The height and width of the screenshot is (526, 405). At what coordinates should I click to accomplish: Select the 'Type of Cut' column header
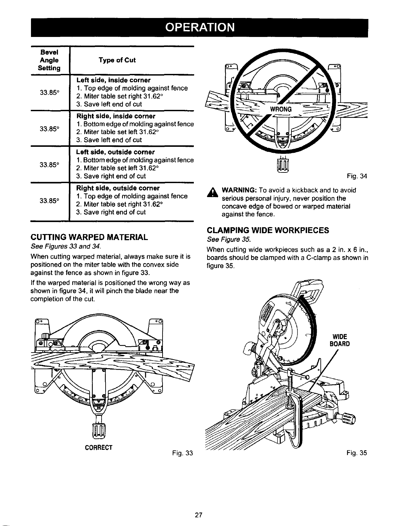117,60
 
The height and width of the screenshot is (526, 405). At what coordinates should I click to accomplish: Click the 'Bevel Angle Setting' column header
49,60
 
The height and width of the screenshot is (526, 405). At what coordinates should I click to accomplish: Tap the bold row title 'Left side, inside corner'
109,80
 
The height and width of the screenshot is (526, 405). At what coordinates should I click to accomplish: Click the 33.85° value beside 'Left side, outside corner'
49,164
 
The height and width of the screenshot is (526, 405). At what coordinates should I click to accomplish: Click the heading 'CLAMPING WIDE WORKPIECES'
268,230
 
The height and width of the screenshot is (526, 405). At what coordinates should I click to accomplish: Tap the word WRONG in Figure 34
281,110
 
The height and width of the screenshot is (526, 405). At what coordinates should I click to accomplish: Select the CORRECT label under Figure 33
99,447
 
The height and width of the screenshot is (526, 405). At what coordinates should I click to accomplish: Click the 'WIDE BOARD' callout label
339,340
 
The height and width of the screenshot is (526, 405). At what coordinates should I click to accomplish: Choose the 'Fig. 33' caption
183,453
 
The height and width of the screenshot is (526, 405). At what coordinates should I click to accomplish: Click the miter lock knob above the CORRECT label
99,428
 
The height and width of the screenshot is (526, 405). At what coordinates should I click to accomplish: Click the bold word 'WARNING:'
239,190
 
